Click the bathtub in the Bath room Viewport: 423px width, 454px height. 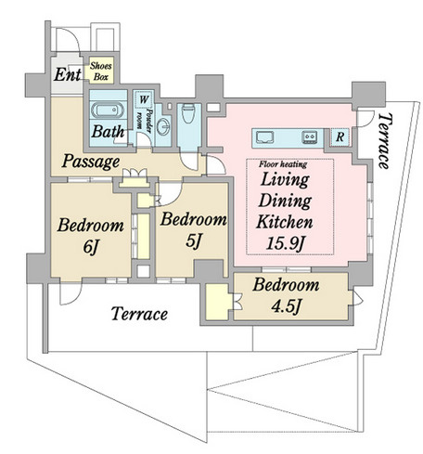[x=108, y=110]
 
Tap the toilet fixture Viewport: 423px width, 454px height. [x=188, y=112]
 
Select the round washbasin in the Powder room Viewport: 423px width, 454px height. [x=162, y=126]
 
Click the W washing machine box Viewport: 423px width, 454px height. [x=144, y=99]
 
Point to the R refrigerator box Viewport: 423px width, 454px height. [x=340, y=136]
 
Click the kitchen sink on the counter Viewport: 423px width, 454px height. [x=263, y=136]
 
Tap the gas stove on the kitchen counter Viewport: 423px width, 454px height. [x=310, y=136]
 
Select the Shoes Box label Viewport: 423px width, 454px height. [x=101, y=71]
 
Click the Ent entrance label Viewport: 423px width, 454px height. [x=68, y=74]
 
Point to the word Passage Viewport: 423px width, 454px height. [x=91, y=162]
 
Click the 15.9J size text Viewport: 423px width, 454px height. [x=286, y=243]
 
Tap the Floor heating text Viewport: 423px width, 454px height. [x=283, y=164]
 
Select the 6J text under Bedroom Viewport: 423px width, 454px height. [x=91, y=247]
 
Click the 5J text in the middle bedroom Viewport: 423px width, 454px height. [x=194, y=240]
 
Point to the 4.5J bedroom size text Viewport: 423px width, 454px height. [x=286, y=306]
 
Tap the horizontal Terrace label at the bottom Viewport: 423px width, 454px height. [x=139, y=314]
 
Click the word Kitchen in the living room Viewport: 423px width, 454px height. [x=285, y=222]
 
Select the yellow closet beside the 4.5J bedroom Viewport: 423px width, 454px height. [x=217, y=302]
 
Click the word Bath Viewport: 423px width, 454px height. [x=108, y=132]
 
